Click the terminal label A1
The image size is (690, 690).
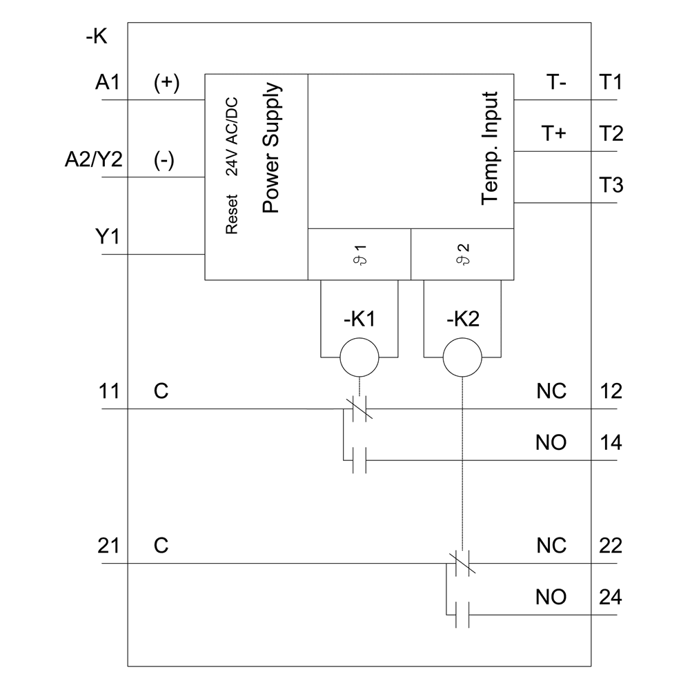pyautogui.click(x=107, y=83)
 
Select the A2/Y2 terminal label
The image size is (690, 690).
pyautogui.click(x=93, y=160)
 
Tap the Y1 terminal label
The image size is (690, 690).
pyautogui.click(x=107, y=237)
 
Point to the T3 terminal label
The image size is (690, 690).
pyautogui.click(x=611, y=185)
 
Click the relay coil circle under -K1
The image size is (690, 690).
pyautogui.click(x=359, y=357)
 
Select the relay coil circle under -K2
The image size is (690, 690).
pyautogui.click(x=461, y=357)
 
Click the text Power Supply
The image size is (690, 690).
pyautogui.click(x=272, y=148)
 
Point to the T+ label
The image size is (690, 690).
pyautogui.click(x=553, y=134)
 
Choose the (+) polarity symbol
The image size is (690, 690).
pyautogui.click(x=166, y=83)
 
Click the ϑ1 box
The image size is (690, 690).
pyautogui.click(x=359, y=254)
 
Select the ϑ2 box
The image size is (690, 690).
pyautogui.click(x=462, y=254)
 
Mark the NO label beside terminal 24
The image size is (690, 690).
pyautogui.click(x=551, y=597)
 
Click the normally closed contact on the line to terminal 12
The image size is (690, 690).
pyautogui.click(x=359, y=409)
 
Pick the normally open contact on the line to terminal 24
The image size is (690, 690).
pyautogui.click(x=462, y=615)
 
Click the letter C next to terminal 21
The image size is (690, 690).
pyautogui.click(x=161, y=546)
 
